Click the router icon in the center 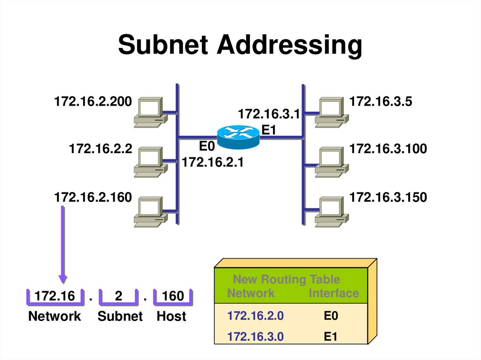[x=238, y=136]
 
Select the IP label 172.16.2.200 [x=93, y=101]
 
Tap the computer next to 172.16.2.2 [x=149, y=162]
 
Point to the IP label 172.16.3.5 [x=380, y=101]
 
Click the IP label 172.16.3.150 [x=388, y=197]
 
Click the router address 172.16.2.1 [x=212, y=163]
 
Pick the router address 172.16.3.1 [x=269, y=114]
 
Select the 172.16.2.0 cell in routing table [x=255, y=316]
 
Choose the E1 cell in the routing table [x=331, y=337]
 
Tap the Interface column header [x=334, y=294]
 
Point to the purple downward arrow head [x=62, y=279]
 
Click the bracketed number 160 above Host [x=173, y=296]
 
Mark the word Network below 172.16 [x=54, y=316]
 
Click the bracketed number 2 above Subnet [x=118, y=296]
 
